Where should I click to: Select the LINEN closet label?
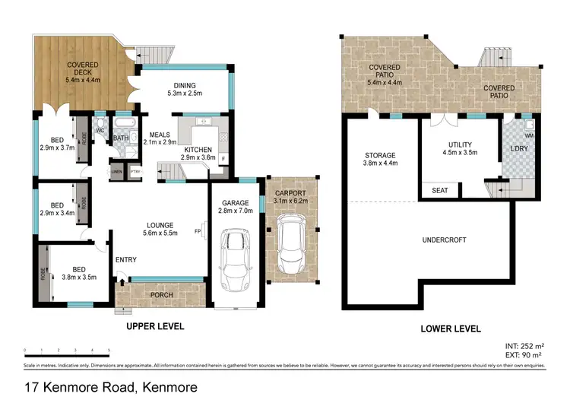click(116, 171)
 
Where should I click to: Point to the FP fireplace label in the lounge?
click(198, 231)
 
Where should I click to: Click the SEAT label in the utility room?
click(440, 190)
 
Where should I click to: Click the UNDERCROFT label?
click(445, 240)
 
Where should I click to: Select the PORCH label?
click(162, 294)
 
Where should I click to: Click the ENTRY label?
click(125, 261)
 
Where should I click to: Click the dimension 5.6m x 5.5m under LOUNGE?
click(161, 233)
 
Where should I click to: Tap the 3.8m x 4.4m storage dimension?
click(380, 163)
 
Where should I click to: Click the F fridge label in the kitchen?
click(223, 158)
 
